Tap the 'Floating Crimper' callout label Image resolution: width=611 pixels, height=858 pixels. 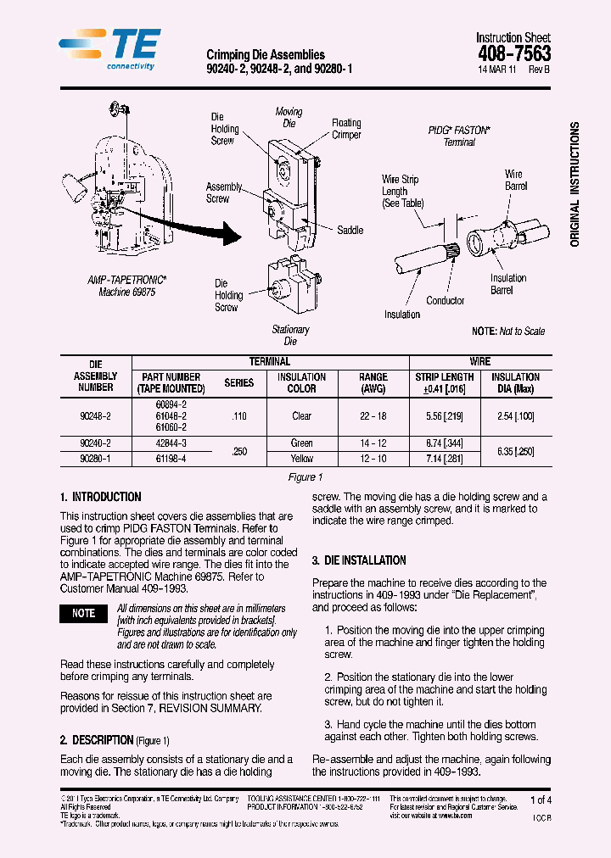[x=346, y=129]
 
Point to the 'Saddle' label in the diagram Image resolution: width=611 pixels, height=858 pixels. [x=350, y=230]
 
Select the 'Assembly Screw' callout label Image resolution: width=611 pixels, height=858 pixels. [x=223, y=192]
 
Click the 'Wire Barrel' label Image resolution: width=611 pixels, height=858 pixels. [x=515, y=180]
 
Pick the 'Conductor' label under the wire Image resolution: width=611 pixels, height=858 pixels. [x=445, y=300]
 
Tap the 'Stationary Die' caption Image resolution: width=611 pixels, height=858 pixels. [x=290, y=335]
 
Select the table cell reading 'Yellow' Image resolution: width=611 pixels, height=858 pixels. [x=301, y=458]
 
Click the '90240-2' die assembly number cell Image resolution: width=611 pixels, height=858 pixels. [x=95, y=443]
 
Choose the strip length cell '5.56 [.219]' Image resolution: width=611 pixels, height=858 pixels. [x=444, y=416]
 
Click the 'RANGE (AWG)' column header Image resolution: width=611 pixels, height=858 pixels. [x=373, y=382]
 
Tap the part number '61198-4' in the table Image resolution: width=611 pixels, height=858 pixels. [x=172, y=458]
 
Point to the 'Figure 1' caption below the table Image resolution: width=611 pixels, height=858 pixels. [x=305, y=477]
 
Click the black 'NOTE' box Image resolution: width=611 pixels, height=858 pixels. [x=83, y=613]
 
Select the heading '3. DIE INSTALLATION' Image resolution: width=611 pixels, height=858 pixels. [x=359, y=560]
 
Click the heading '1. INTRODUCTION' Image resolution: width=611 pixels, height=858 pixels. [x=101, y=497]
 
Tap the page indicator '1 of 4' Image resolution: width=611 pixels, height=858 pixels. [x=540, y=799]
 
